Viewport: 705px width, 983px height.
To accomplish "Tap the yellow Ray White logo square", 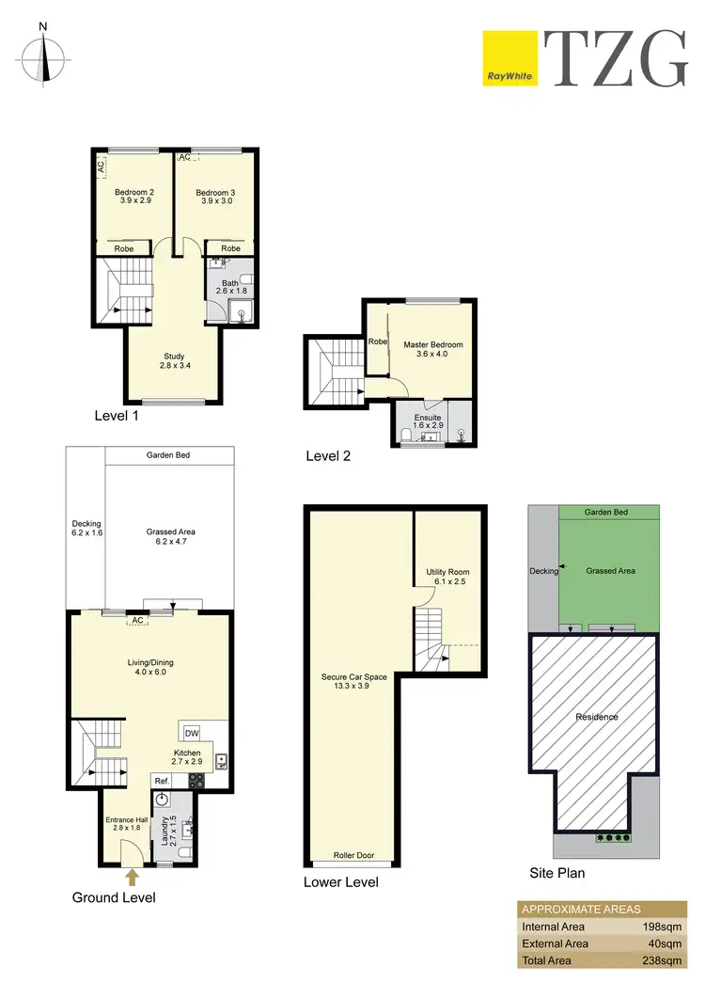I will tap(509, 58).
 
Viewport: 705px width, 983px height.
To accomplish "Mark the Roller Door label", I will tap(354, 856).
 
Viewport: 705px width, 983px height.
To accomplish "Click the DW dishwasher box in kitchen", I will tap(191, 733).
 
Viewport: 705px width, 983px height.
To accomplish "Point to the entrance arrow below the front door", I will tap(132, 877).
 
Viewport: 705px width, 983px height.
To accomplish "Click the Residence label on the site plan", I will tap(597, 717).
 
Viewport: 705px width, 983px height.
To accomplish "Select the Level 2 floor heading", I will tap(328, 456).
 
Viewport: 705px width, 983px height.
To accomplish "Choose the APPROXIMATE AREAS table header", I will tap(580, 909).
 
